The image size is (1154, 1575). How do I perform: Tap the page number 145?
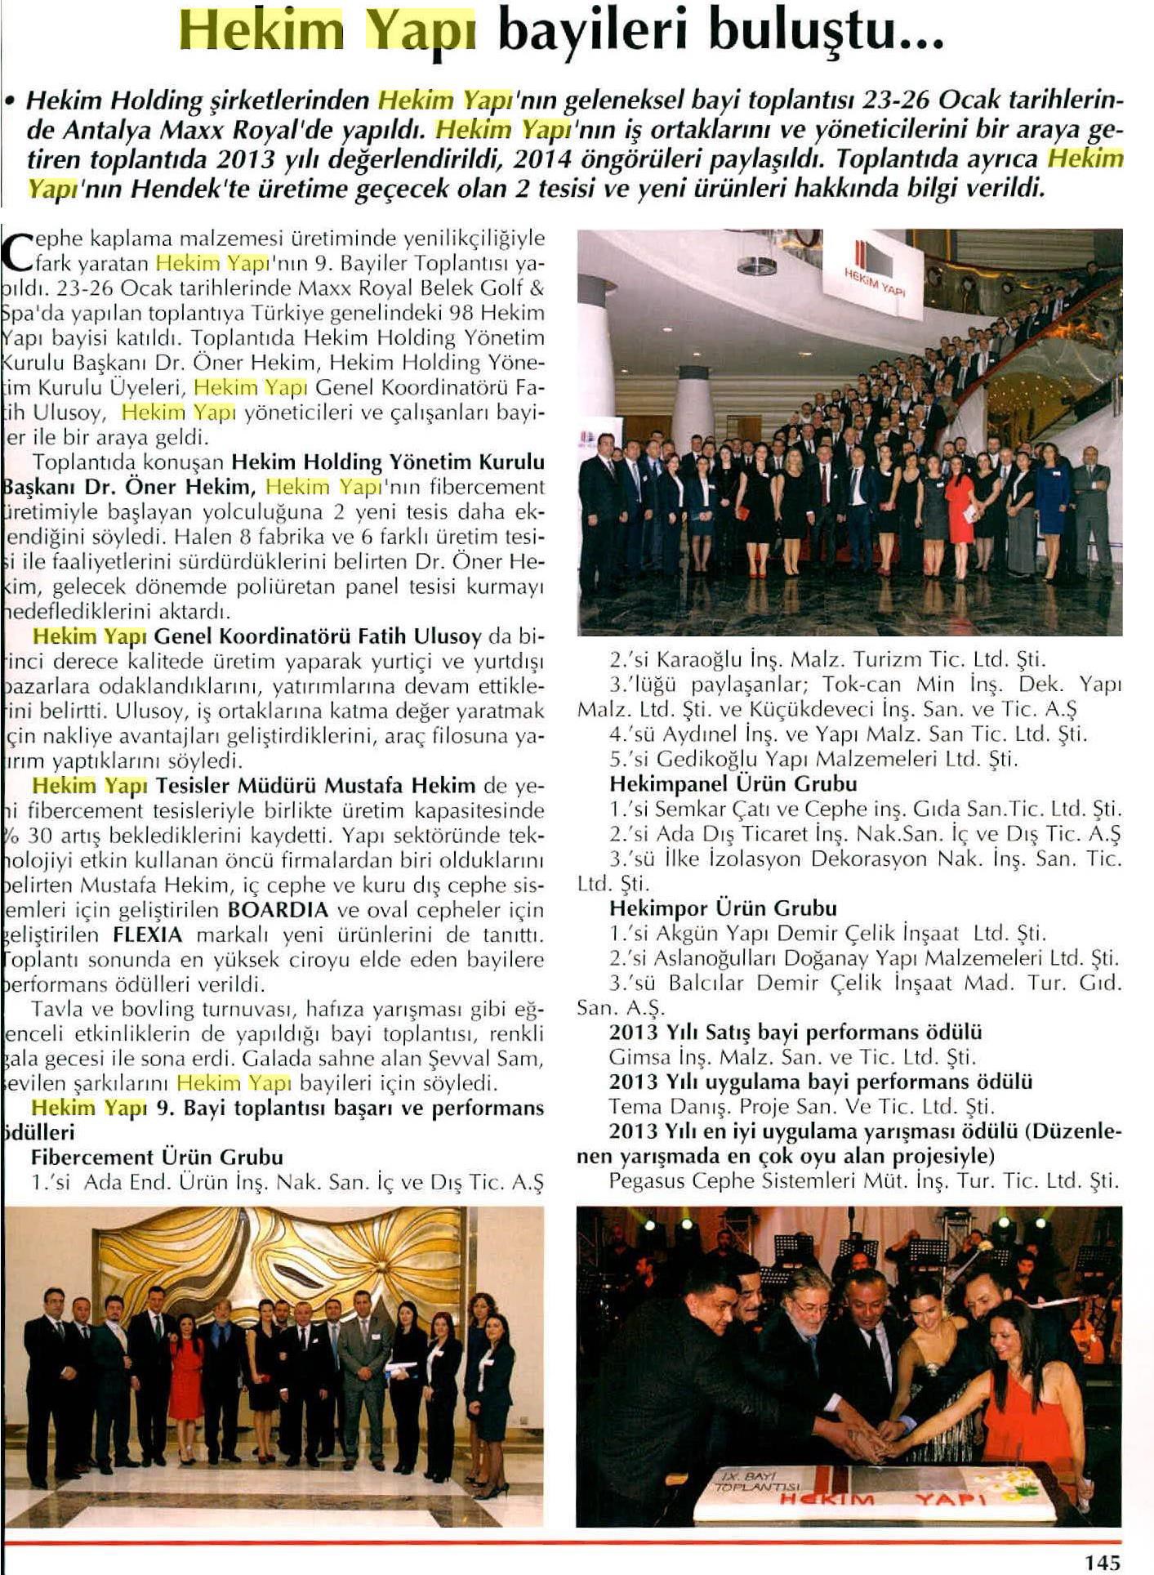click(1102, 1561)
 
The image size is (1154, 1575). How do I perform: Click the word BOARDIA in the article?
click(278, 909)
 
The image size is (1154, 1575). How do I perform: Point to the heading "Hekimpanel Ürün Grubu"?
click(733, 784)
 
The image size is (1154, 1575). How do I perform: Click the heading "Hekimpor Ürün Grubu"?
click(723, 908)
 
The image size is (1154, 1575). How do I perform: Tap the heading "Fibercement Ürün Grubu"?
click(157, 1157)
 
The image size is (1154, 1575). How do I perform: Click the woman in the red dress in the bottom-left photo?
click(186, 1372)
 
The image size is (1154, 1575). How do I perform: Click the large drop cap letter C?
click(18, 251)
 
